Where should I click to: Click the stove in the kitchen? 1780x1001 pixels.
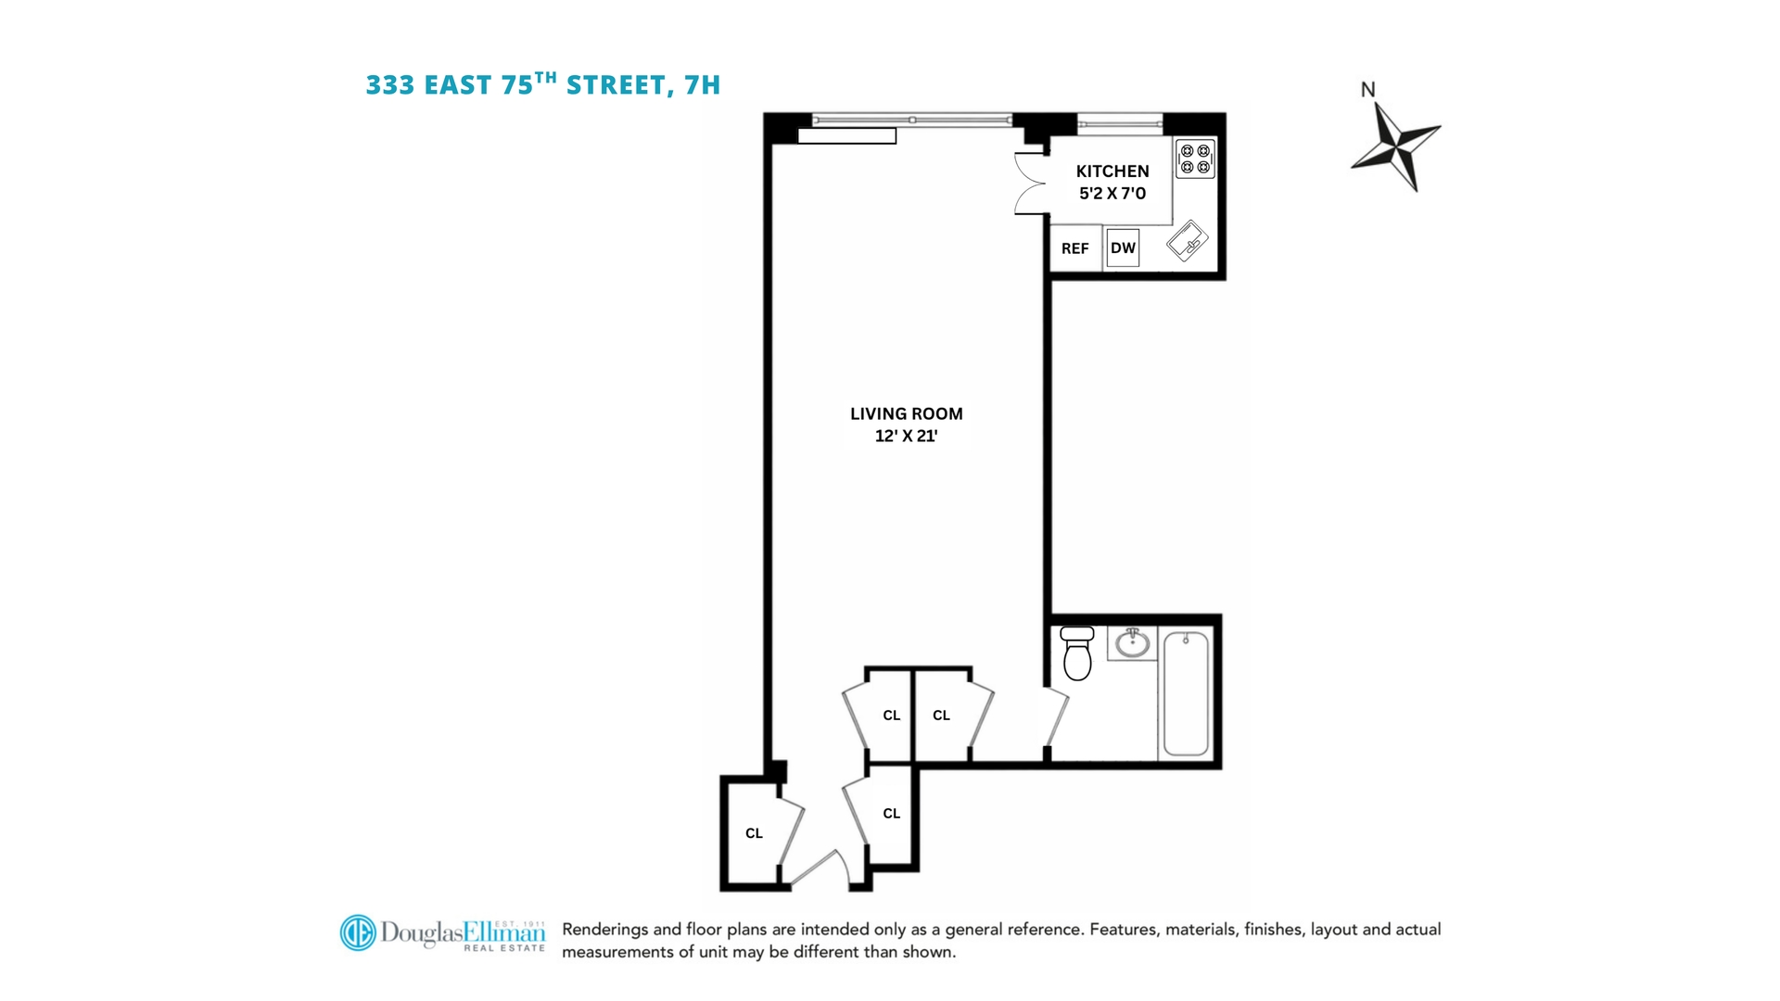[1195, 158]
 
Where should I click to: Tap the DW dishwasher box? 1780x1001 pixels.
[1123, 247]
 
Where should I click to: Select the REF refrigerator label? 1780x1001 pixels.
[1075, 248]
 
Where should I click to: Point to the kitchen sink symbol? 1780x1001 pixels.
[1187, 241]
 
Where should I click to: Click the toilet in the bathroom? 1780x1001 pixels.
[1077, 653]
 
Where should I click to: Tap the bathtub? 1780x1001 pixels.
[1186, 693]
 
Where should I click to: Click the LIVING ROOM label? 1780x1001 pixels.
[907, 414]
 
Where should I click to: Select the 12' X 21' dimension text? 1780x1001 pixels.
[907, 436]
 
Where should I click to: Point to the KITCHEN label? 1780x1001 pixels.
[1112, 171]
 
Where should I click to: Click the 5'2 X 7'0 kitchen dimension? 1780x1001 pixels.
[1112, 194]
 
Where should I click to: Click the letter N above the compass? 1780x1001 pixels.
[1367, 90]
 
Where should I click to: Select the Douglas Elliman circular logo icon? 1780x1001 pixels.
[358, 932]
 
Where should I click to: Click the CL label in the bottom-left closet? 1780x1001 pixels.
[755, 833]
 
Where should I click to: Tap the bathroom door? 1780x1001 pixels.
[1057, 716]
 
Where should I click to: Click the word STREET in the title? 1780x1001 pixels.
[616, 85]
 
